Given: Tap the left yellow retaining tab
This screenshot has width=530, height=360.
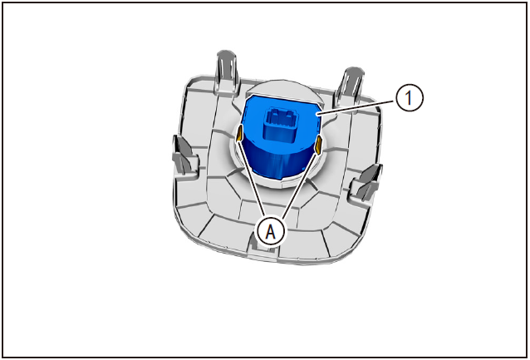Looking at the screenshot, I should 239,136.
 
